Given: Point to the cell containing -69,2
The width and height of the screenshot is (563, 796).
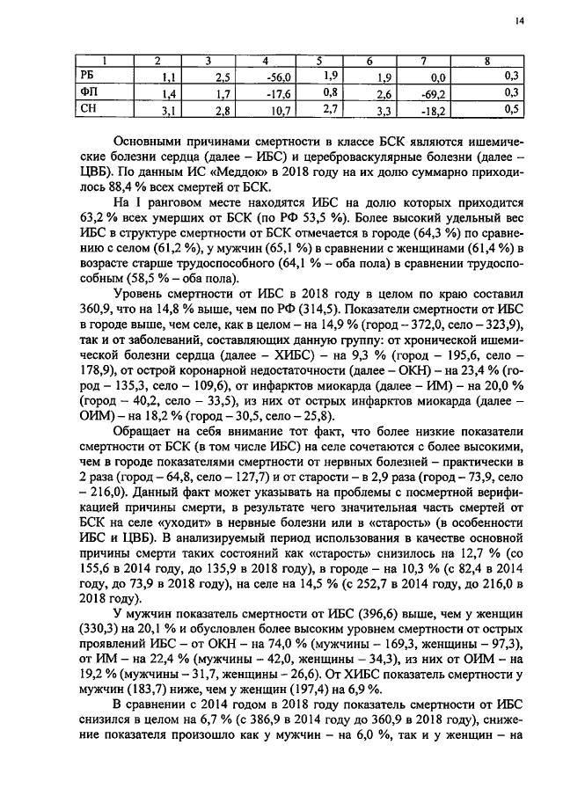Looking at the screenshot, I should pyautogui.click(x=432, y=93).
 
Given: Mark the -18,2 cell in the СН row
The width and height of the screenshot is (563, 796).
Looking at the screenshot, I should pyautogui.click(x=432, y=111).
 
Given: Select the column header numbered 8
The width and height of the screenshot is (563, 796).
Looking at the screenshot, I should pyautogui.click(x=487, y=61).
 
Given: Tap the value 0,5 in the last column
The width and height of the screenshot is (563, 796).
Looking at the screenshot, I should pyautogui.click(x=511, y=110).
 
